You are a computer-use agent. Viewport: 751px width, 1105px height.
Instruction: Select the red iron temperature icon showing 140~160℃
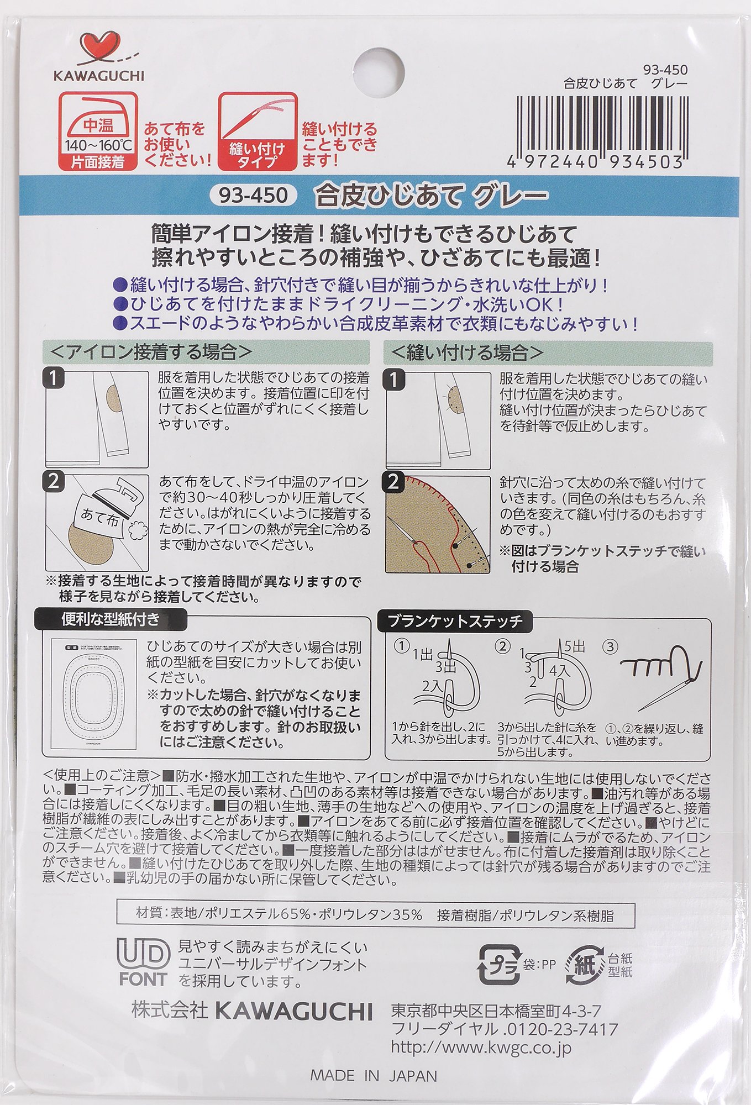tap(98, 131)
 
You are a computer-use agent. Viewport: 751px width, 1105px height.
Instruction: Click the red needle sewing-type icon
tap(258, 131)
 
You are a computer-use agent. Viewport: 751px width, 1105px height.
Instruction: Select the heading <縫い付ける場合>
tap(468, 352)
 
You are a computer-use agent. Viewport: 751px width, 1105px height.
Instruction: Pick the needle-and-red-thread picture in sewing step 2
tap(438, 523)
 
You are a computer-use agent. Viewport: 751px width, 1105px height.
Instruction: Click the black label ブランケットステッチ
tap(455, 621)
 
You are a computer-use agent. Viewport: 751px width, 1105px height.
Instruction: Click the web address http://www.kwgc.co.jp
tap(481, 1048)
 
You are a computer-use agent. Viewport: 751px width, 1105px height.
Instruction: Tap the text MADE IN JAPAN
tap(374, 1076)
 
